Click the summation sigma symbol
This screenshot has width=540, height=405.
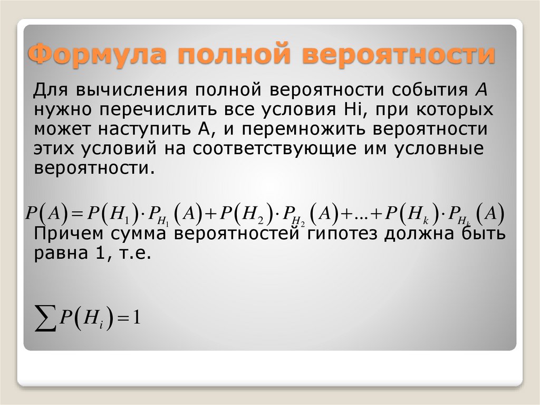pyautogui.click(x=45, y=318)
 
